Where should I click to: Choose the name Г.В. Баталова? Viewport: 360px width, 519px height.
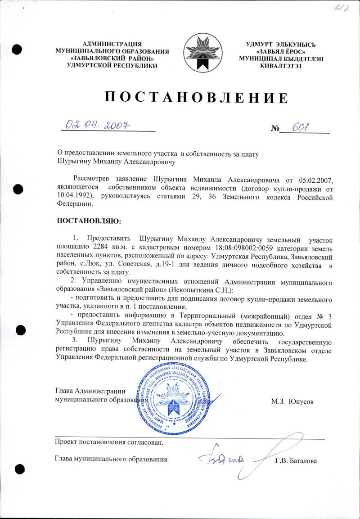coord(296,461)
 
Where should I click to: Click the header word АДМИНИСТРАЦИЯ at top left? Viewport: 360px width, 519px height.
coord(112,44)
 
